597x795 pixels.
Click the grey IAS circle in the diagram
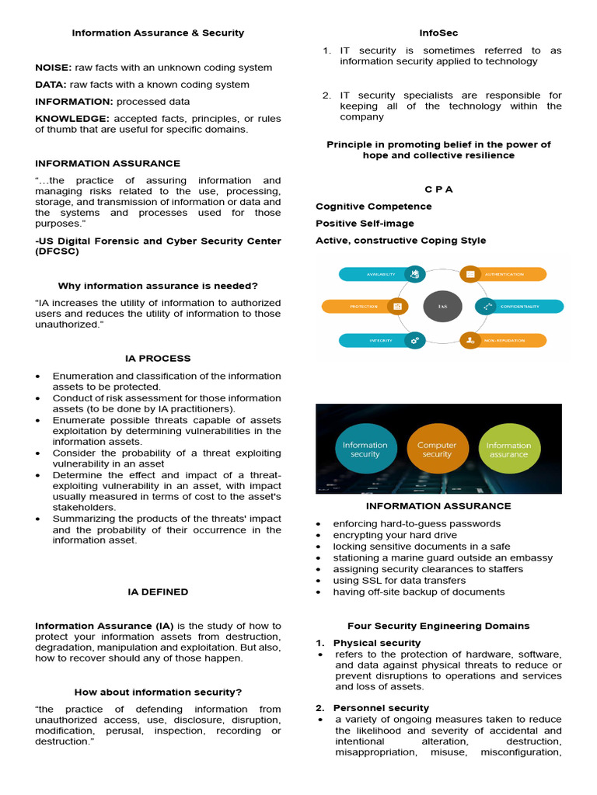(x=442, y=307)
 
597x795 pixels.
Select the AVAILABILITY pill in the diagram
(x=373, y=274)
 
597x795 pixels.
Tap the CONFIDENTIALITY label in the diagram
(x=518, y=307)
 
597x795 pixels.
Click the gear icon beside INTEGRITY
(x=415, y=340)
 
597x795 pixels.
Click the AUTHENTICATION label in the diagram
(x=509, y=274)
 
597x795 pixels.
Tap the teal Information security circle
(x=365, y=450)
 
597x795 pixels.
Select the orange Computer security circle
(x=437, y=450)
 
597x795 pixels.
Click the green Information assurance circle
(x=508, y=450)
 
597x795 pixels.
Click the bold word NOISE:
(x=53, y=68)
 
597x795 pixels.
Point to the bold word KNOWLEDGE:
(x=72, y=119)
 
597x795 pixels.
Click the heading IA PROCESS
(x=158, y=359)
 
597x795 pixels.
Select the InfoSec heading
(x=438, y=33)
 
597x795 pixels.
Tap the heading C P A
(x=438, y=189)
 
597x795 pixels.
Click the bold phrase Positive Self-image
(x=365, y=224)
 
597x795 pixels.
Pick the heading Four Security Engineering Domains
(x=438, y=626)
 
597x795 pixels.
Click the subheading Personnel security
(x=381, y=708)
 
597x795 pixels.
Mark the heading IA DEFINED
(x=158, y=592)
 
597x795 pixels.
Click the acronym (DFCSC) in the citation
(x=57, y=252)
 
